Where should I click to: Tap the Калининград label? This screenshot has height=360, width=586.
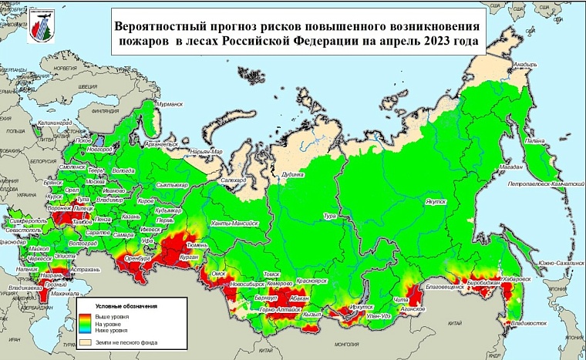[52, 123]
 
